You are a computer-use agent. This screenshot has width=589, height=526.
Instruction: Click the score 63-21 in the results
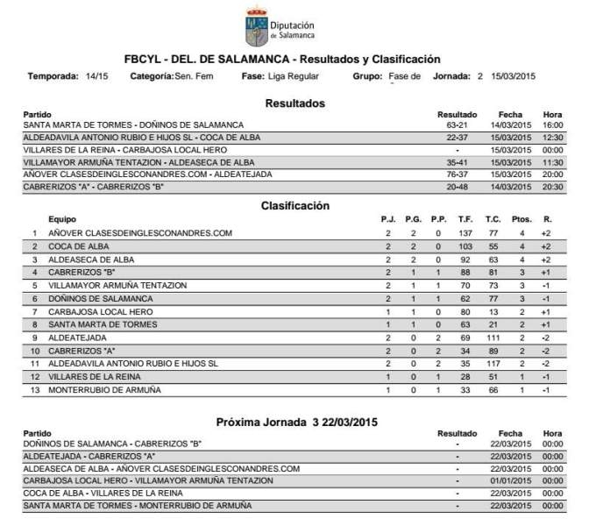[x=456, y=125]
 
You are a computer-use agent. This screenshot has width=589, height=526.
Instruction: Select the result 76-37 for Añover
[x=456, y=174]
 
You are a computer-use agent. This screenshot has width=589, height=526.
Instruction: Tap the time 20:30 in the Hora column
[x=552, y=187]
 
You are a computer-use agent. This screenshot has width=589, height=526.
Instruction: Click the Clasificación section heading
[x=294, y=206]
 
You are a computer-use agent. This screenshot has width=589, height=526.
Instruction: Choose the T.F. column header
[x=441, y=219]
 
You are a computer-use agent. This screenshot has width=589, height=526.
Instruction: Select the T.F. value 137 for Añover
[x=441, y=233]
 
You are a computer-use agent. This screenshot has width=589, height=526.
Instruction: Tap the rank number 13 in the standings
[x=35, y=389]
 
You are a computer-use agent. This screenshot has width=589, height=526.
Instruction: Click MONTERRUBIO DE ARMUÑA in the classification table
[x=104, y=389]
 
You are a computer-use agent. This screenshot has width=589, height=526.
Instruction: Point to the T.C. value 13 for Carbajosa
[x=469, y=311]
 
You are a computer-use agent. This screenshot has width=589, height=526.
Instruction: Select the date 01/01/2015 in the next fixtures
[x=511, y=481]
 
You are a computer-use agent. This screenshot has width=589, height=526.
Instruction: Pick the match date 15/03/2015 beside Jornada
[x=513, y=77]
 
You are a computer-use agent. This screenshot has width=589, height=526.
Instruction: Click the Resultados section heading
[x=294, y=103]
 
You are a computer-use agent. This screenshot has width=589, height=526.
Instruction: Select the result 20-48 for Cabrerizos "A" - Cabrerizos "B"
[x=456, y=187]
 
